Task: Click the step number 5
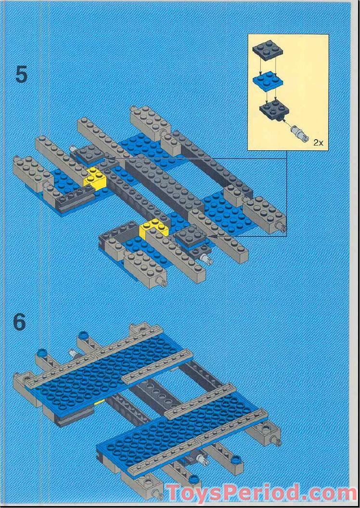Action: pos(21,75)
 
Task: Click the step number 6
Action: pos(19,322)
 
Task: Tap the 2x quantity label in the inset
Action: pos(318,142)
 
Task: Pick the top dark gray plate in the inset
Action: pos(267,50)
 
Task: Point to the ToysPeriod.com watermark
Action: pos(260,493)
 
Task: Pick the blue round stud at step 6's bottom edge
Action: pos(193,478)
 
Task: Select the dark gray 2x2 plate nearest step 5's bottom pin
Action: pos(191,236)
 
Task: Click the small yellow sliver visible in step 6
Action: pos(100,401)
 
